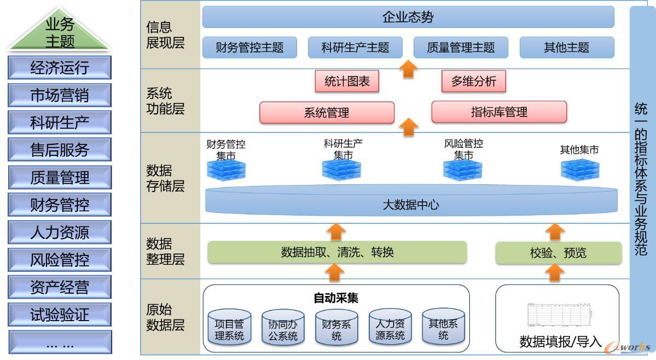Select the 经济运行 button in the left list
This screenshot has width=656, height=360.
60,68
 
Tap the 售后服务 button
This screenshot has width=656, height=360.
60,150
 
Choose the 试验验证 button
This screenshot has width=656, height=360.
60,315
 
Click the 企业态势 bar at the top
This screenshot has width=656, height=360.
408,17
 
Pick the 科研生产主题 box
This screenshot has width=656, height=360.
355,48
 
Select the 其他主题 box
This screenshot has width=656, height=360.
566,48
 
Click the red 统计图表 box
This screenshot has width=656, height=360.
347,82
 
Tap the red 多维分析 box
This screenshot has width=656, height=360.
473,82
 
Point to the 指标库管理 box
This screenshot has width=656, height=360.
498,112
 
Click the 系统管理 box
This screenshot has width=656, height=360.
327,113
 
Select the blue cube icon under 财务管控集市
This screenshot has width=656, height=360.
226,170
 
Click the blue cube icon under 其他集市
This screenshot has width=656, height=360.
579,170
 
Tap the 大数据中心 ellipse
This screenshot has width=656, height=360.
411,205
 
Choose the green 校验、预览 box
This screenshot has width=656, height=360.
558,252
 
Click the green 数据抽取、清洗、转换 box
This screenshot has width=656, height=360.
337,252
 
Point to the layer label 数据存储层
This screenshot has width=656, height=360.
166,178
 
